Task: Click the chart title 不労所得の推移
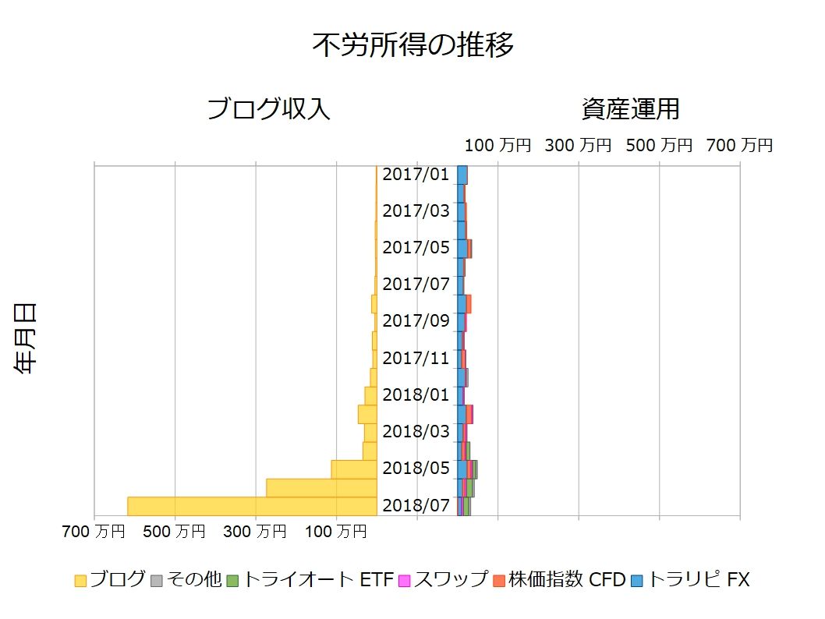pyautogui.click(x=412, y=45)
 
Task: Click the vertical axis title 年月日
pyautogui.click(x=26, y=339)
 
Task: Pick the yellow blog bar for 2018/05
pyautogui.click(x=354, y=469)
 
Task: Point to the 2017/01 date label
pyautogui.click(x=416, y=174)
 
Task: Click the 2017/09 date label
pyautogui.click(x=416, y=320)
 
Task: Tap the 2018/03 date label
pyautogui.click(x=416, y=431)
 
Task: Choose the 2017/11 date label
pyautogui.click(x=416, y=358)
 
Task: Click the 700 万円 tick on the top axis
pyautogui.click(x=739, y=145)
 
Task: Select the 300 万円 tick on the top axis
pyautogui.click(x=579, y=145)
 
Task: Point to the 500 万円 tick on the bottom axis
pyautogui.click(x=175, y=532)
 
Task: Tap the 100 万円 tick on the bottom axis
pyautogui.click(x=336, y=532)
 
